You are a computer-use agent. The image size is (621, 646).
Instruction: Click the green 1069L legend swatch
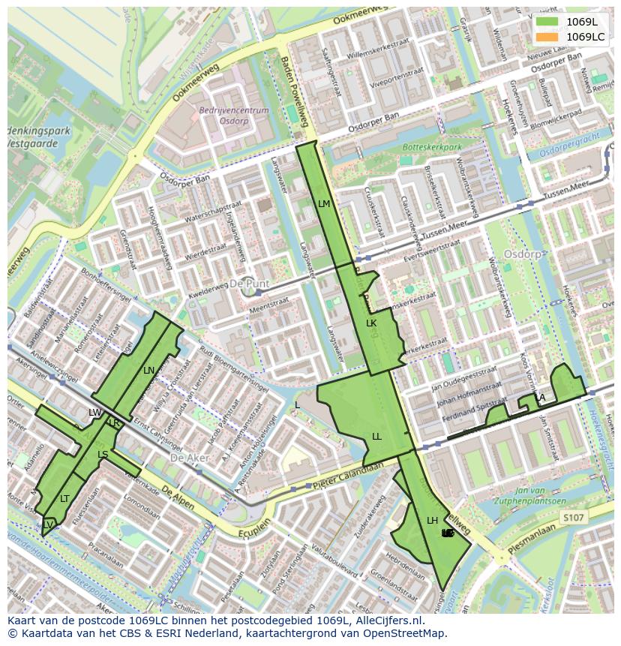[548, 23]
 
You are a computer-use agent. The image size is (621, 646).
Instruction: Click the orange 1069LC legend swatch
[548, 37]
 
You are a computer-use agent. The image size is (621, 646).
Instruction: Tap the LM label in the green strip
[324, 203]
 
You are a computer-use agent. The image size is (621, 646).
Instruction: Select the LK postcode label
[371, 323]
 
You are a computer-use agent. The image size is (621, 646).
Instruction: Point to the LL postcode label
[376, 436]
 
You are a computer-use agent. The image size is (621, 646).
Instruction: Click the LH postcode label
[432, 520]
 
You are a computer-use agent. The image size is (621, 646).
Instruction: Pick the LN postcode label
[148, 370]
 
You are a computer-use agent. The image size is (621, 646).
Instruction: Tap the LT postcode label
[64, 498]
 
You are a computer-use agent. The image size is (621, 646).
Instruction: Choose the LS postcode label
[103, 455]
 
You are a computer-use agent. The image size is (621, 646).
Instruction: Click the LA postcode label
[539, 398]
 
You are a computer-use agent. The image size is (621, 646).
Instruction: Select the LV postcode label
[47, 524]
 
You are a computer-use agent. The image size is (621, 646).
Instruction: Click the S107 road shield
[572, 518]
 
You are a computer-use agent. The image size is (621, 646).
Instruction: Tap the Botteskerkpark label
[432, 148]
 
